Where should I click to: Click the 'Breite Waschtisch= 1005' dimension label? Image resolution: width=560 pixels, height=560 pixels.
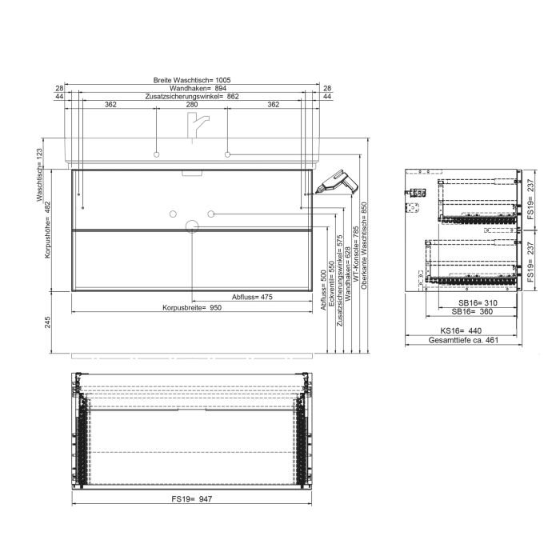click(192, 80)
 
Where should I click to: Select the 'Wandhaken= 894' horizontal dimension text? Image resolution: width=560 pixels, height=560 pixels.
click(192, 88)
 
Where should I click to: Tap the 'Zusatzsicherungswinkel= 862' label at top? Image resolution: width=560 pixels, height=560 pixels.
click(192, 96)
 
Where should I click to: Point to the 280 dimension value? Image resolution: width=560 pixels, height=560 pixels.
click(192, 105)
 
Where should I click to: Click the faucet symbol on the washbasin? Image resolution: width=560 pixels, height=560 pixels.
click(196, 125)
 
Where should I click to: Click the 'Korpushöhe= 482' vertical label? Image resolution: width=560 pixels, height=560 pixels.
click(48, 232)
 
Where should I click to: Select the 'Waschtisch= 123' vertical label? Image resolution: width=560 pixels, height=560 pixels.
click(38, 173)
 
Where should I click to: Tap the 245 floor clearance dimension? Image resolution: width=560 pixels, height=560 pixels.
click(48, 322)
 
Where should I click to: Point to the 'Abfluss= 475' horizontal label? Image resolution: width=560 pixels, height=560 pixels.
click(252, 298)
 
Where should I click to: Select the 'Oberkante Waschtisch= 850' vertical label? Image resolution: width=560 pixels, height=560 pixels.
click(364, 244)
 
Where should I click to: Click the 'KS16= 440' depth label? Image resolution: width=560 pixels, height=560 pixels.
click(462, 330)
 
